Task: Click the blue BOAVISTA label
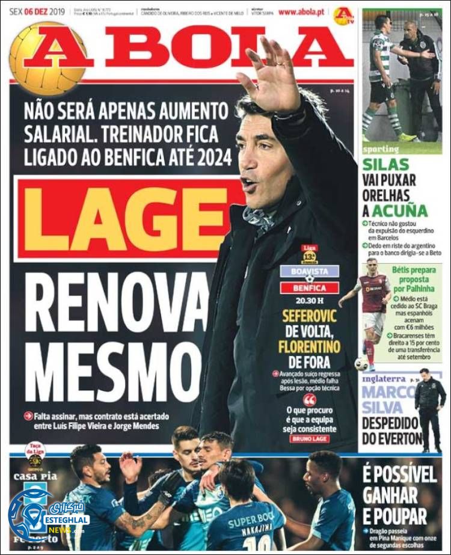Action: (309, 271)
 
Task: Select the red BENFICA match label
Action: (309, 287)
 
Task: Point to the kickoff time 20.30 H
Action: (309, 301)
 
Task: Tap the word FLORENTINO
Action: (309, 348)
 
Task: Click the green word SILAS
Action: (385, 164)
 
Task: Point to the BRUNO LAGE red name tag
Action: (309, 438)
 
